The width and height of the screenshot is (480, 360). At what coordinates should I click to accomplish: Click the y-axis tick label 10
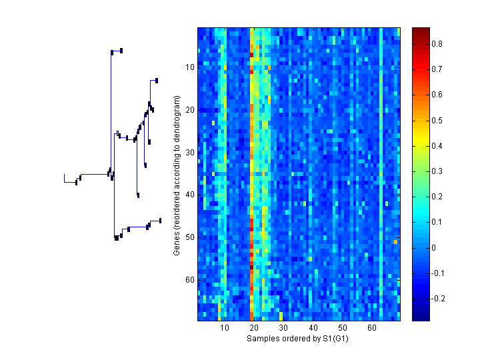point(189,67)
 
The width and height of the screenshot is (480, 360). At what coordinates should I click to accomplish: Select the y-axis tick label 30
point(189,153)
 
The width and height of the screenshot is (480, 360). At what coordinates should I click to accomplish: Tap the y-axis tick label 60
point(189,280)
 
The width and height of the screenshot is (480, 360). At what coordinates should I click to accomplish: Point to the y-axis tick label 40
point(189,195)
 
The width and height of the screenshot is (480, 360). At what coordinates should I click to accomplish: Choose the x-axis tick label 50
point(343,329)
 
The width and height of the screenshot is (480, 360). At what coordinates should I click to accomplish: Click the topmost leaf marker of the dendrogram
point(121,51)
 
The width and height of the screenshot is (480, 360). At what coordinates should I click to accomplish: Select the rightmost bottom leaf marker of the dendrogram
point(160,221)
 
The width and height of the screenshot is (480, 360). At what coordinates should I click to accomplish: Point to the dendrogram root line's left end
point(64,175)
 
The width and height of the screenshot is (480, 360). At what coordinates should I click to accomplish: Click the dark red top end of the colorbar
point(420,30)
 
